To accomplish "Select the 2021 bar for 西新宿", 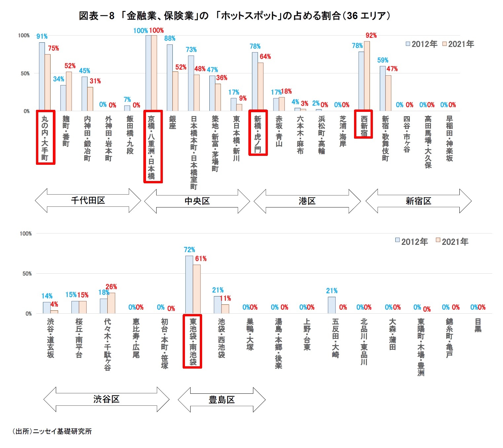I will [367, 76].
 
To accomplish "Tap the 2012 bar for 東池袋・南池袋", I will [189, 285].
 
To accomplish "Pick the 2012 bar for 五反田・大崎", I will [332, 305].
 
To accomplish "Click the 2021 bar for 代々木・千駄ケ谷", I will [111, 303].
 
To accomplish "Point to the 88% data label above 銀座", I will [170, 38].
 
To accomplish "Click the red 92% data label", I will [371, 35].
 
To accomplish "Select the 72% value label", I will [190, 250].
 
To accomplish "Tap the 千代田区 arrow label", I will [88, 201].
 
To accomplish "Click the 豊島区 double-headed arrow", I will [222, 400].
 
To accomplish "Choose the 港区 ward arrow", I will [307, 201].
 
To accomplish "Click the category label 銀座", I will [172, 122].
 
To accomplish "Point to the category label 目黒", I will [478, 325].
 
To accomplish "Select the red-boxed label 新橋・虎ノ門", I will [258, 133].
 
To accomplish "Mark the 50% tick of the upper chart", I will [25, 73].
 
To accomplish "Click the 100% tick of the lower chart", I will [26, 234].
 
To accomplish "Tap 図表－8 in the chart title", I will [96, 16].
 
